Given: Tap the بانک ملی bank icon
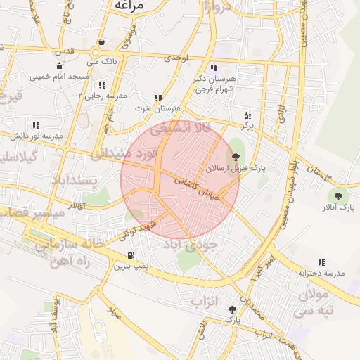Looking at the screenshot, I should tap(103, 41).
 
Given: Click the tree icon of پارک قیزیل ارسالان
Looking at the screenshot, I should tap(234, 158).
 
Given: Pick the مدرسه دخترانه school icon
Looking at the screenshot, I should tap(322, 262).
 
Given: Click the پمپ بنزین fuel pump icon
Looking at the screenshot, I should tap(131, 256).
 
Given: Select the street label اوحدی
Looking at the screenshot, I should tap(176, 59).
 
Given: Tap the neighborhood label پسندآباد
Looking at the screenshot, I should tap(73, 181).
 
